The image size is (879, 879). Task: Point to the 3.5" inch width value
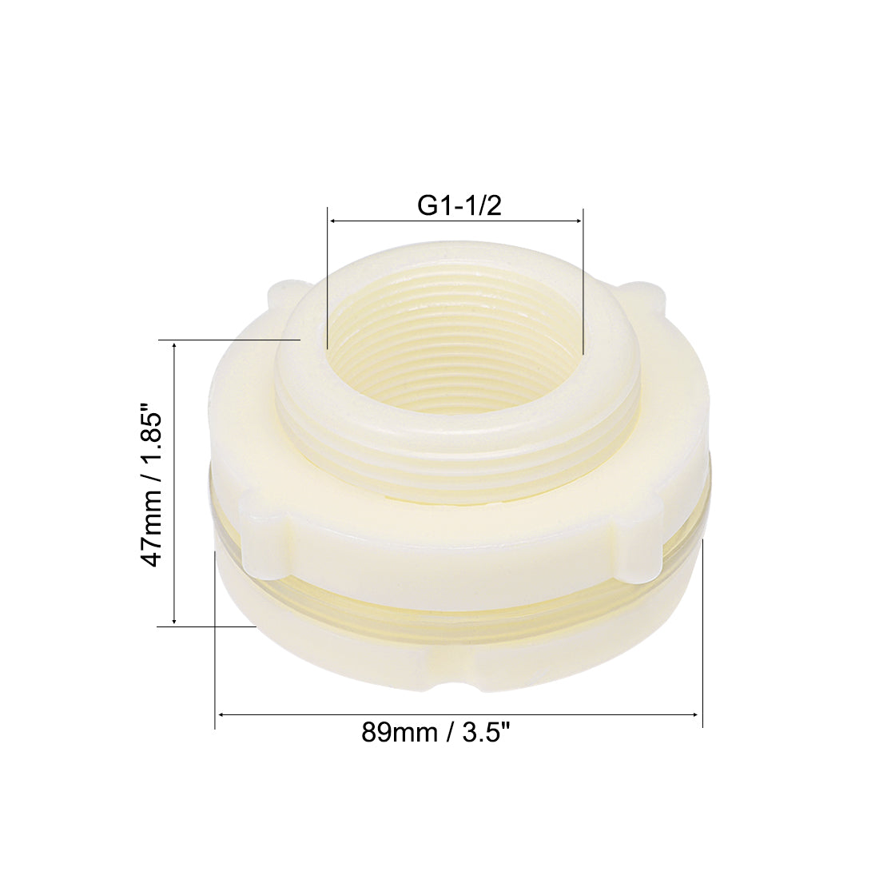click(x=484, y=732)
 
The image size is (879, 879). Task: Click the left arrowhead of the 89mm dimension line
click(x=221, y=714)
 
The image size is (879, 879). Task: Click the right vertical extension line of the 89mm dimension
click(x=702, y=631)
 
